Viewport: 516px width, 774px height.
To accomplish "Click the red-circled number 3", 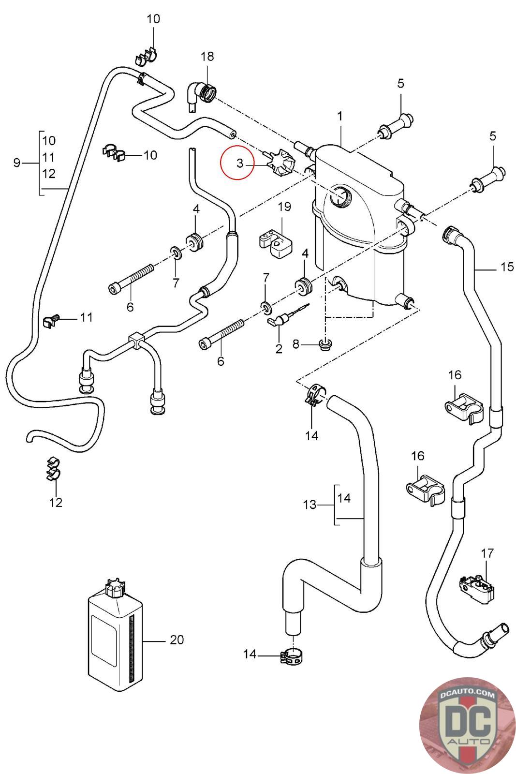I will click(x=240, y=164).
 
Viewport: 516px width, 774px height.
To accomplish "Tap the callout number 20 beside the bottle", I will click(x=177, y=640).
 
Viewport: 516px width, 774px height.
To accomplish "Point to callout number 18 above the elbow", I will click(x=207, y=57).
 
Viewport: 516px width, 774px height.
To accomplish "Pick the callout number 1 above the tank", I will click(x=340, y=116).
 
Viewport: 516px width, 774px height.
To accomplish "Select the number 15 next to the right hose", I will click(x=507, y=267).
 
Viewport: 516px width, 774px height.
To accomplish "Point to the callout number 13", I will click(x=310, y=505).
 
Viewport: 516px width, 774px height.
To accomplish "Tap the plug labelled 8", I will click(x=325, y=344).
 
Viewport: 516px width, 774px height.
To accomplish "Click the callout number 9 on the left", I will click(x=17, y=163).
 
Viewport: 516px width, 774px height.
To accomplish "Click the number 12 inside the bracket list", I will click(x=49, y=173).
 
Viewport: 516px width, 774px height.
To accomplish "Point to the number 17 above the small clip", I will click(x=487, y=552).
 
